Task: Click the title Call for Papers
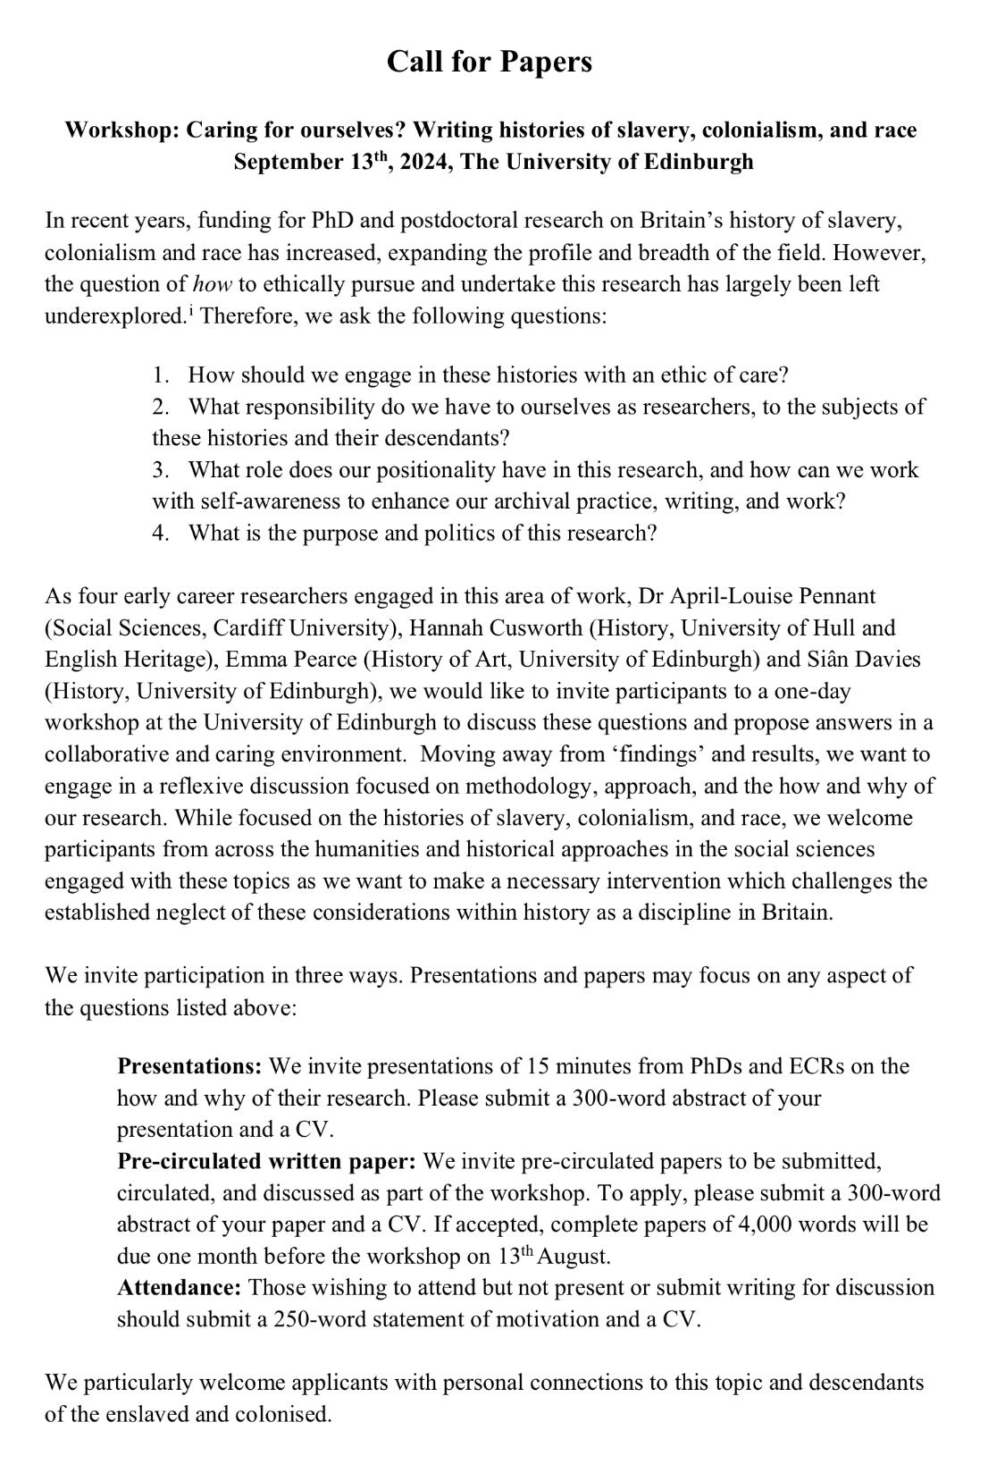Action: (x=490, y=62)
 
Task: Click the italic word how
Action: (x=213, y=284)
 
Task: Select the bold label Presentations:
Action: (x=189, y=1065)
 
